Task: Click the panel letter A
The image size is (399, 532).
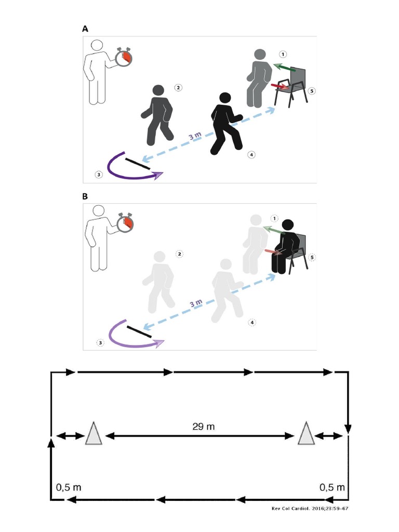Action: coord(85,30)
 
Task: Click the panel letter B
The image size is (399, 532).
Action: coord(85,197)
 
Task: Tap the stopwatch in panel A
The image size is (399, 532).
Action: coord(124,57)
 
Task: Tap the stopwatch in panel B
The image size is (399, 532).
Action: coord(125,223)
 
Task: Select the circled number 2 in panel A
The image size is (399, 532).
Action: coord(178,88)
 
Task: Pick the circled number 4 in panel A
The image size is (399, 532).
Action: coord(251,154)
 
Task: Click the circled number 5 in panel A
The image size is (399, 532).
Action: coord(311,90)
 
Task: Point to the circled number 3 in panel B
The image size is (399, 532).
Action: coord(100,342)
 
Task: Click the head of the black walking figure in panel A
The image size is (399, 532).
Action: coord(224,98)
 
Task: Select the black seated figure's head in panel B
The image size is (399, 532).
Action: coord(287,225)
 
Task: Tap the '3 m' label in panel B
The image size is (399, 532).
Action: coord(195,304)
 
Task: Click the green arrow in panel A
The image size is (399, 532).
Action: coord(285,68)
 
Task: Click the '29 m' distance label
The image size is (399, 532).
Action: coord(203,427)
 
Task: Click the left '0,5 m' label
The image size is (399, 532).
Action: coord(69,487)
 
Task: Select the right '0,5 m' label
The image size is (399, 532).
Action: coord(332,487)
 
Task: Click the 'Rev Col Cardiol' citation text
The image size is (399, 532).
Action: coord(310,509)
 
